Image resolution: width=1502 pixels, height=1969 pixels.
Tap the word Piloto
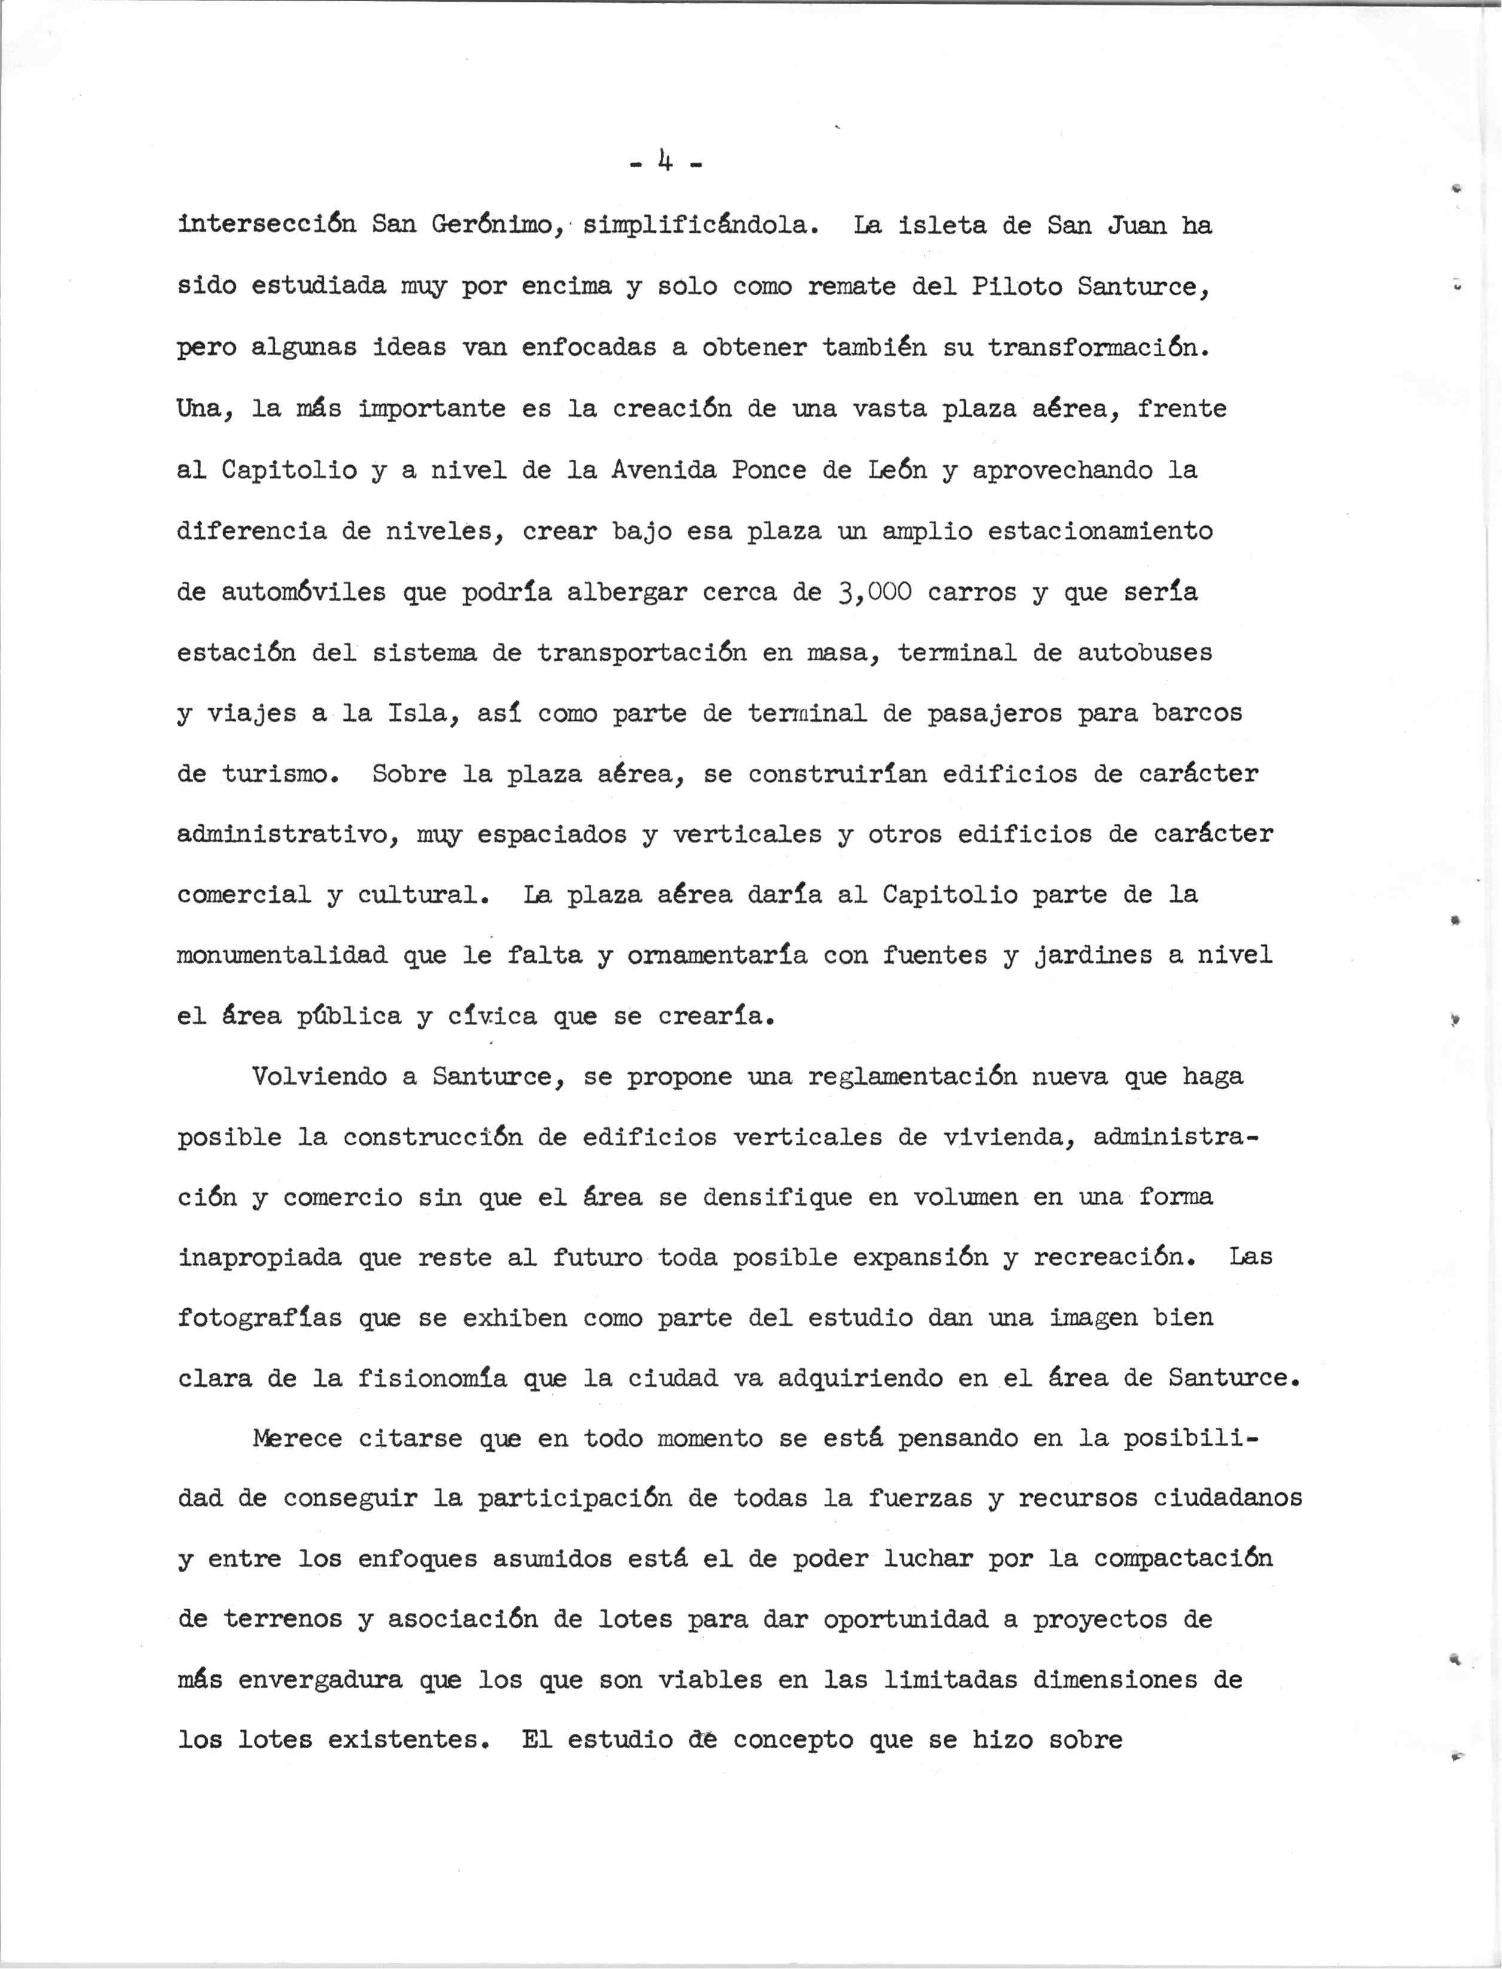pos(1015,286)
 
